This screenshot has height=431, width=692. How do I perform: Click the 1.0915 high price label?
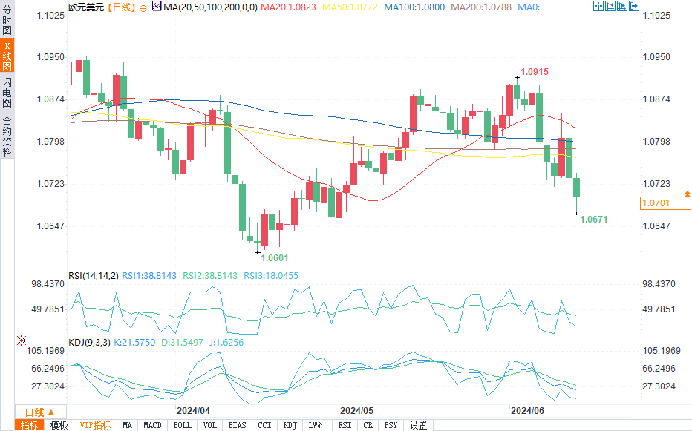pyautogui.click(x=535, y=72)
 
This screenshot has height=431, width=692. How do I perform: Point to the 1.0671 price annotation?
pyautogui.click(x=594, y=220)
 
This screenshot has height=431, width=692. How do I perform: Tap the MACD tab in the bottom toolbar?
pyautogui.click(x=152, y=425)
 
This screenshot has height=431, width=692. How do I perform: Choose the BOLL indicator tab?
pyautogui.click(x=182, y=425)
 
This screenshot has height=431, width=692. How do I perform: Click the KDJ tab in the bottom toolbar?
pyautogui.click(x=290, y=425)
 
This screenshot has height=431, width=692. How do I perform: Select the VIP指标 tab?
pyautogui.click(x=95, y=425)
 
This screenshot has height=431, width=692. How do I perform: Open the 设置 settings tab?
pyautogui.click(x=418, y=425)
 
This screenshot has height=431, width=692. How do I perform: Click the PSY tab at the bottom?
pyautogui.click(x=391, y=425)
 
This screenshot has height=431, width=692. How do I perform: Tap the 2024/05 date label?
pyautogui.click(x=356, y=410)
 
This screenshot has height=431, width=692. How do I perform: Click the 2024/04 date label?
pyautogui.click(x=193, y=410)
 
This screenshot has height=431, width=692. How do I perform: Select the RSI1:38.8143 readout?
pyautogui.click(x=149, y=275)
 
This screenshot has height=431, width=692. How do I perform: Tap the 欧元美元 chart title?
pyautogui.click(x=85, y=7)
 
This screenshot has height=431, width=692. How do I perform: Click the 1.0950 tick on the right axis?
pyautogui.click(x=656, y=57)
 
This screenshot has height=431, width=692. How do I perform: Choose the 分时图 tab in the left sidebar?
pyautogui.click(x=7, y=22)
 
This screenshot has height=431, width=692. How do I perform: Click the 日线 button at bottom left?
pyautogui.click(x=35, y=412)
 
